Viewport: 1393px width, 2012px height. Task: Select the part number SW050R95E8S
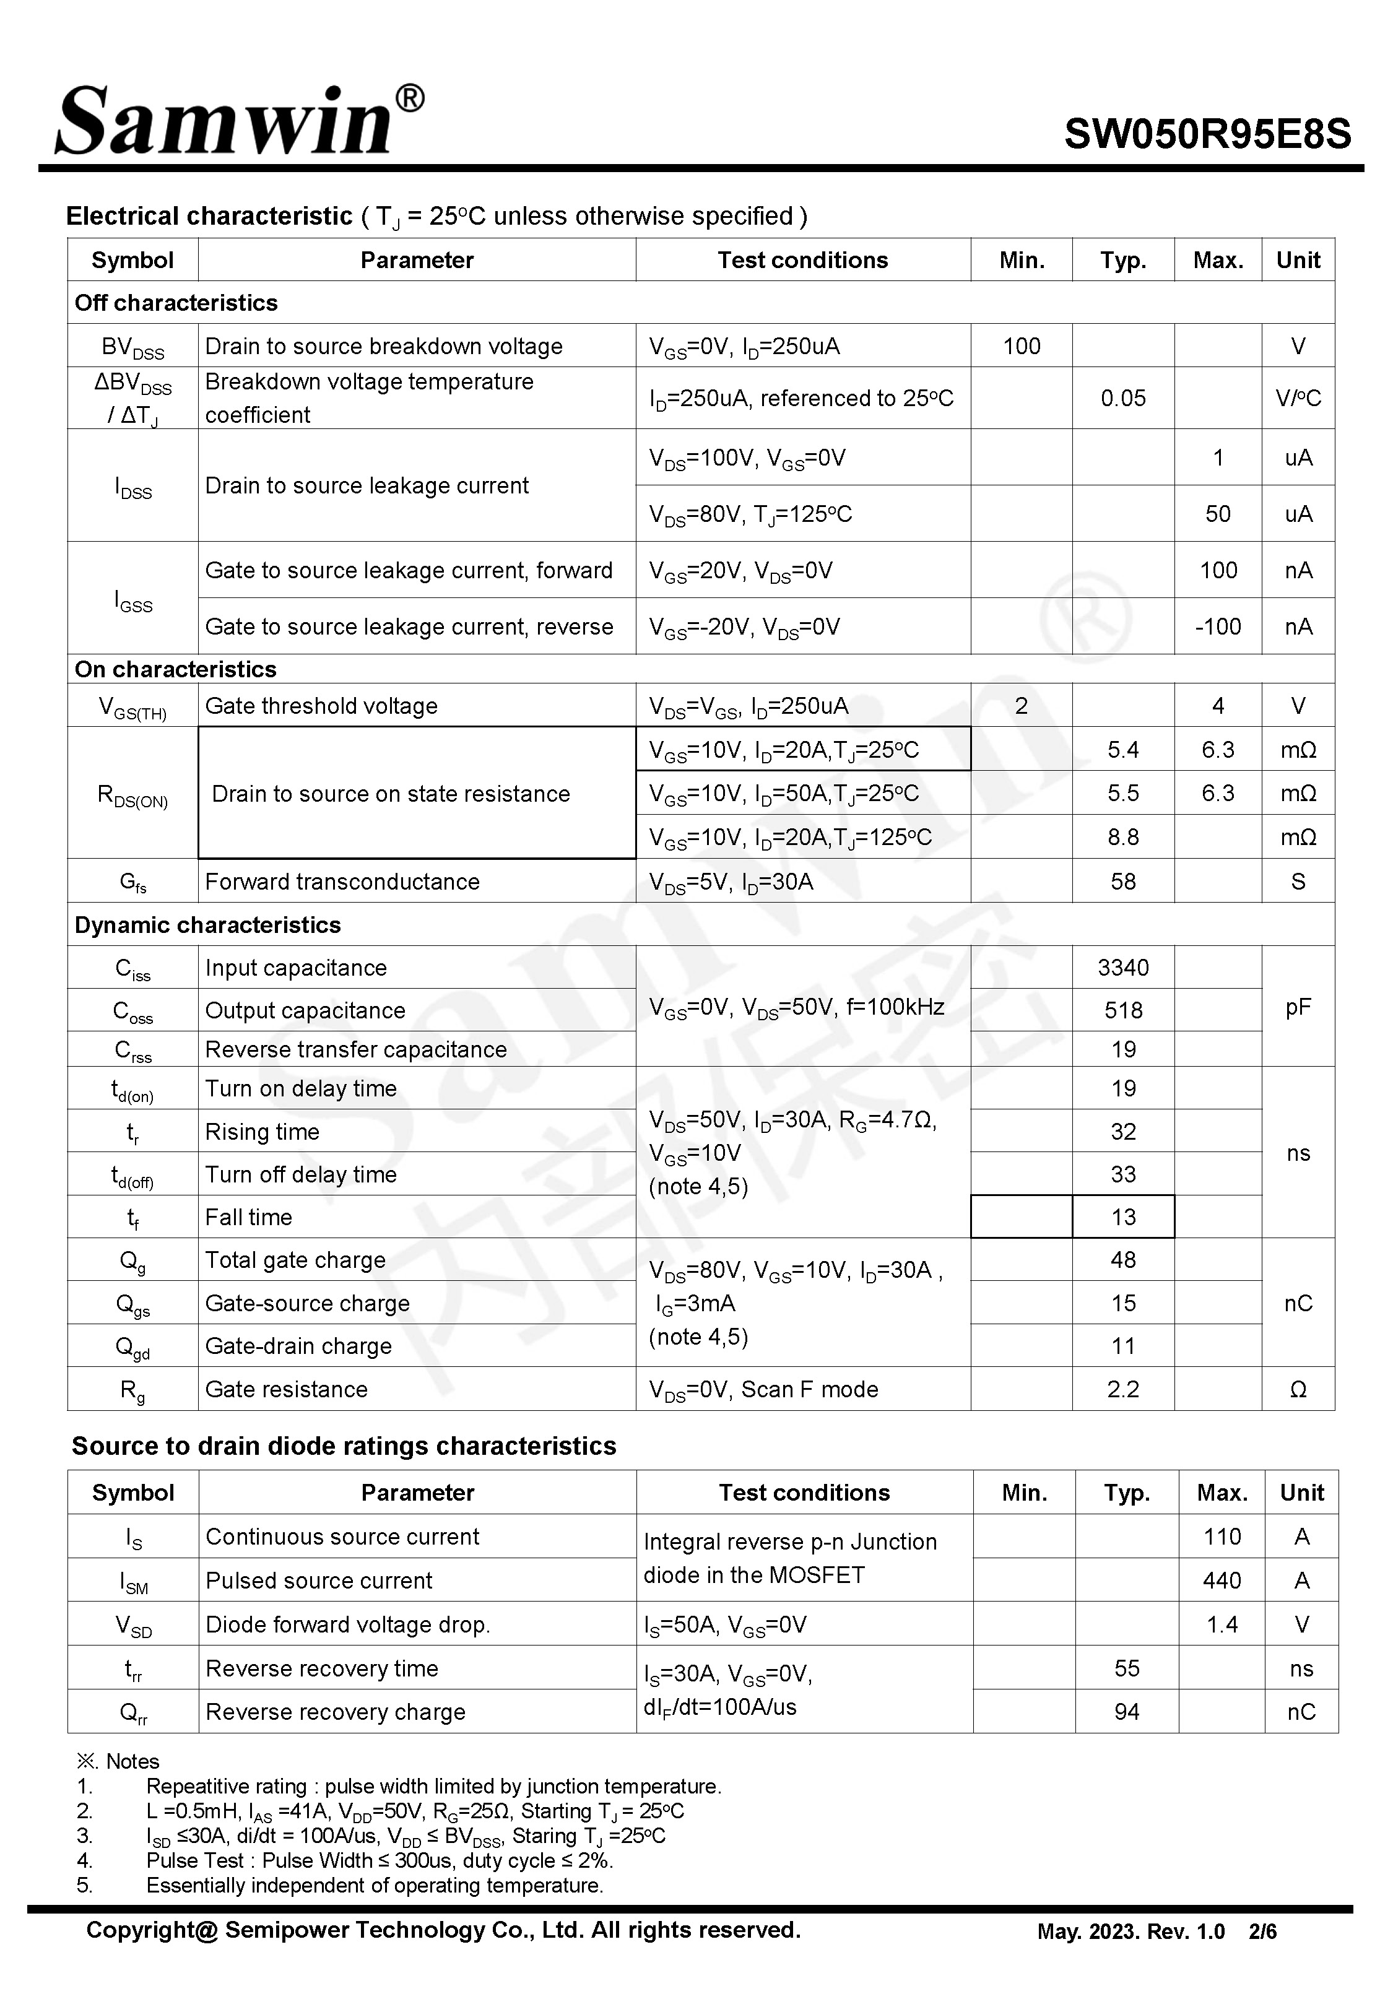click(1207, 134)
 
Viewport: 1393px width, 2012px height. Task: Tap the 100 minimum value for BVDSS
click(1021, 347)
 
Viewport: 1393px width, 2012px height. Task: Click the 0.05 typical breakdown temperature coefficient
click(1122, 399)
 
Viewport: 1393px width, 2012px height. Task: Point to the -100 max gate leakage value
click(1218, 627)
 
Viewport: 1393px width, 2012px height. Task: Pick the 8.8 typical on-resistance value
click(1122, 838)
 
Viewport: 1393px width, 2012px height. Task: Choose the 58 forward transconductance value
click(1122, 881)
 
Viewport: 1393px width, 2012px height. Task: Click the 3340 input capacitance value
click(1122, 968)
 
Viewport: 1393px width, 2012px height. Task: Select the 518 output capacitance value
click(1122, 1010)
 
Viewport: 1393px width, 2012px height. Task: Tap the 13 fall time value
click(1122, 1217)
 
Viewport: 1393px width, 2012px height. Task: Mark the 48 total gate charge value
click(1122, 1260)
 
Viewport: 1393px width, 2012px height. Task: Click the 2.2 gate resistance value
click(1122, 1389)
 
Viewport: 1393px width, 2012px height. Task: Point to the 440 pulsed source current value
click(1221, 1580)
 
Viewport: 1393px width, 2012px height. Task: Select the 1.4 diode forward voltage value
click(1221, 1624)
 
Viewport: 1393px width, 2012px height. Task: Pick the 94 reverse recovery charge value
click(1126, 1712)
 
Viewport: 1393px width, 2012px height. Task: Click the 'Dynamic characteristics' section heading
click(208, 925)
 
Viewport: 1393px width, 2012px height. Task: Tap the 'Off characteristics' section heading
click(176, 303)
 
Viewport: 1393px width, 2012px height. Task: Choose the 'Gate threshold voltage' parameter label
click(321, 706)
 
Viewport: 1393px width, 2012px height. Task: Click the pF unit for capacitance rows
click(1298, 1008)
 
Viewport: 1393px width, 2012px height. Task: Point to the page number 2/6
click(1262, 1932)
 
